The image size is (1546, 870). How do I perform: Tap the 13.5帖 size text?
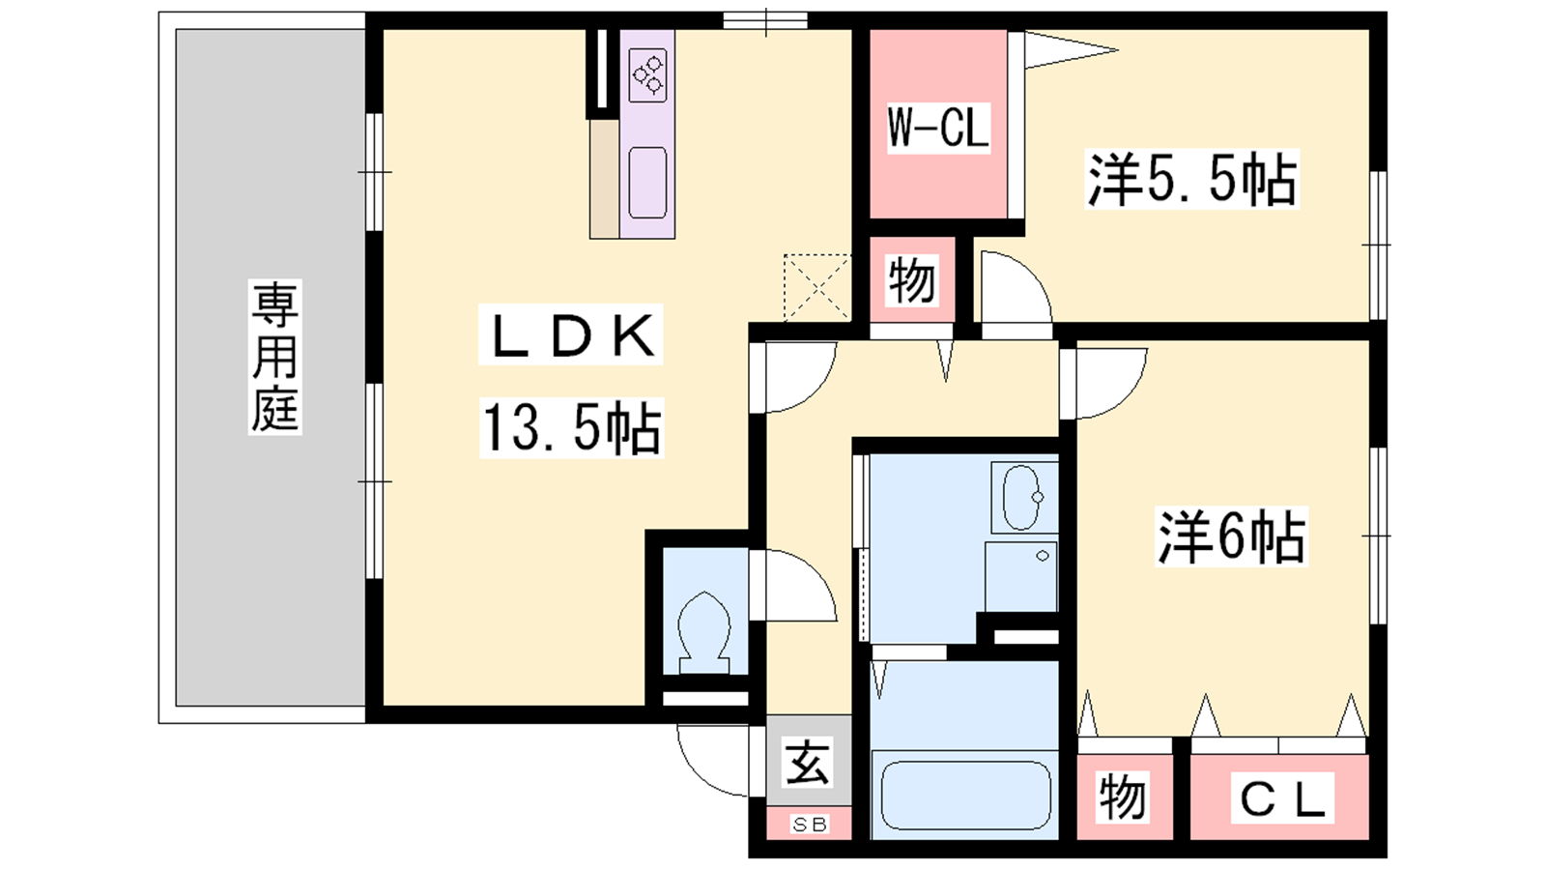coord(571,428)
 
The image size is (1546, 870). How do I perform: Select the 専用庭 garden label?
coord(274,357)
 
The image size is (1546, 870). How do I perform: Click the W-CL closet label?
coord(938,128)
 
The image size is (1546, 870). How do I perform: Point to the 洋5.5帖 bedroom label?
coord(1192,179)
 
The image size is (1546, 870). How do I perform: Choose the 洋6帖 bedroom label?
coord(1231,536)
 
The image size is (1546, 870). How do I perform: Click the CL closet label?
coord(1282,798)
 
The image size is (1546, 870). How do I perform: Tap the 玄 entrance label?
coord(808,763)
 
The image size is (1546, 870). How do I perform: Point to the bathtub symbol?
coord(965,795)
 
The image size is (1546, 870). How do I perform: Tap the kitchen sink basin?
coord(647,183)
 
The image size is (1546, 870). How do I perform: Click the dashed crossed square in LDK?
coord(817,287)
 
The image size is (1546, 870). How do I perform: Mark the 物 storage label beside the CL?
coord(1123,797)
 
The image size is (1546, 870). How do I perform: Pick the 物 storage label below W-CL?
coord(912,279)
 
